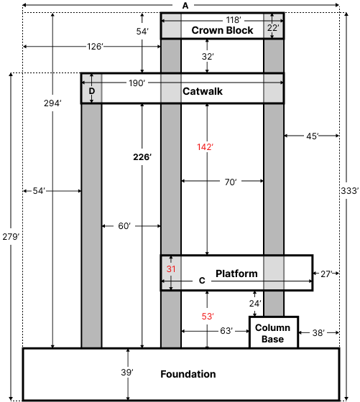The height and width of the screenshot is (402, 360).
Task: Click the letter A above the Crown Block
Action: [185, 6]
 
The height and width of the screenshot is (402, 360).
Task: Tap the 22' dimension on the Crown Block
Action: [273, 28]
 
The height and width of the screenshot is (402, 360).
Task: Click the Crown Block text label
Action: [222, 31]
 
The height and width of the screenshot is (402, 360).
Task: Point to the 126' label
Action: [95, 47]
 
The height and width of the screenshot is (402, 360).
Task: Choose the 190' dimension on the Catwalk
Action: [137, 83]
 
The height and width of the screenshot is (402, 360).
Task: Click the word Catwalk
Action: [203, 92]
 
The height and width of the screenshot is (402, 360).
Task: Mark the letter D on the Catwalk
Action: [91, 91]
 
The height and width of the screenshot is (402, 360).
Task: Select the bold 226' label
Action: [142, 157]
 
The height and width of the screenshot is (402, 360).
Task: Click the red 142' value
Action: [205, 147]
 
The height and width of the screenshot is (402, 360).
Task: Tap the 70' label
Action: [230, 183]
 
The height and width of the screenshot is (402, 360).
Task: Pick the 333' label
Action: [349, 191]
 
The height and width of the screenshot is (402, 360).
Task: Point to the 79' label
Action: [12, 237]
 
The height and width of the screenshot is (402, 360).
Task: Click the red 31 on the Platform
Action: [171, 269]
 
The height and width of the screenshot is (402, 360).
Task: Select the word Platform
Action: [236, 274]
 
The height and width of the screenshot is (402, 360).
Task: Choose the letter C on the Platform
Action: [202, 281]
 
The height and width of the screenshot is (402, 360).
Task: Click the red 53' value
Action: [208, 316]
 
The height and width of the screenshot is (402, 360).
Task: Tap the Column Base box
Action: [272, 333]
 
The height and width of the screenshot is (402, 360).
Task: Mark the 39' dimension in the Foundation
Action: [127, 372]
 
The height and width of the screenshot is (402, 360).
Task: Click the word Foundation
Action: [188, 374]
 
